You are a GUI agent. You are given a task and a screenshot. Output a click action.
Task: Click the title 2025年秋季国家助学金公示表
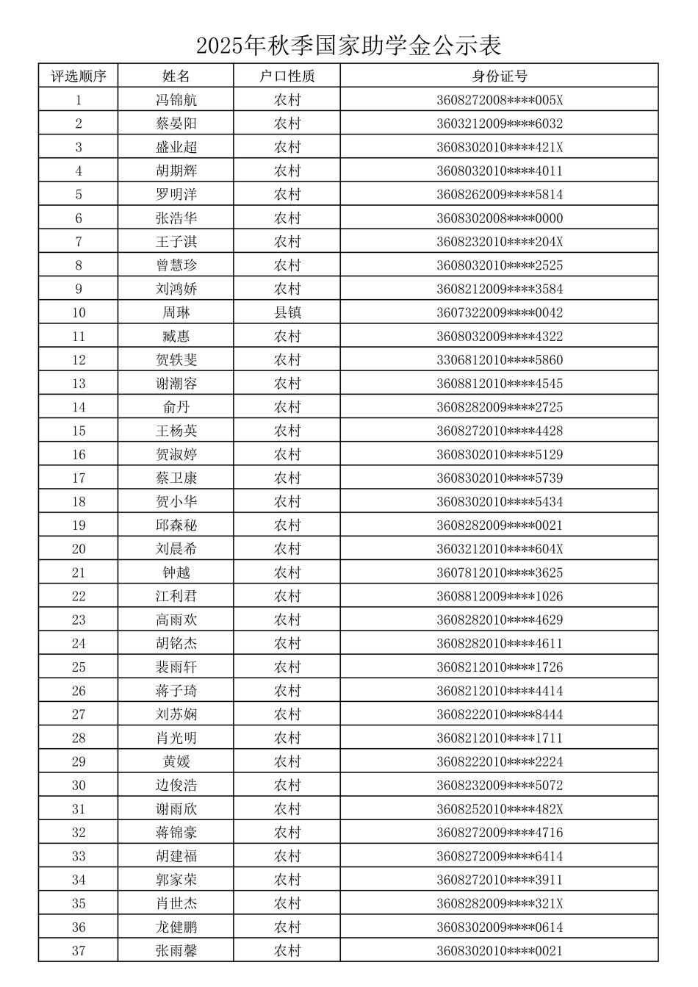(x=348, y=46)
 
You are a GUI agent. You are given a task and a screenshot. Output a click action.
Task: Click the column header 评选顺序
(x=79, y=76)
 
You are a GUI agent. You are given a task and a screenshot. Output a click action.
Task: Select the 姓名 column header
(x=176, y=76)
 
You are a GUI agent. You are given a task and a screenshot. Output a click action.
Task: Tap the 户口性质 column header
(x=287, y=76)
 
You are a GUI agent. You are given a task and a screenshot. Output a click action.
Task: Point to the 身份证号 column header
(x=500, y=76)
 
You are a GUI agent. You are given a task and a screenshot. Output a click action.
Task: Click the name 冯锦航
(x=176, y=100)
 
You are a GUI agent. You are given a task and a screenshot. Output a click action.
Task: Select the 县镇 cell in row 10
(x=287, y=312)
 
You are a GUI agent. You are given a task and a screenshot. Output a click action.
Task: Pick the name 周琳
(x=176, y=312)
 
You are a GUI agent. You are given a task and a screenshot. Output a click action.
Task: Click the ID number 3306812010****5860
(x=500, y=360)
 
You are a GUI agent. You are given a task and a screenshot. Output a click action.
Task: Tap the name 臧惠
(x=176, y=337)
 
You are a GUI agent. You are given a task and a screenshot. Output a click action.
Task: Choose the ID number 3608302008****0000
(x=500, y=218)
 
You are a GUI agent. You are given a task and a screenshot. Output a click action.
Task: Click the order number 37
(x=79, y=951)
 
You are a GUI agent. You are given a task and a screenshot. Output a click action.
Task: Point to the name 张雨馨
(x=176, y=951)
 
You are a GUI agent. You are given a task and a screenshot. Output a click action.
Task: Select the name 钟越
(x=176, y=573)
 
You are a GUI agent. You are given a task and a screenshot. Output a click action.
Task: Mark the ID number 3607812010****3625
(x=500, y=573)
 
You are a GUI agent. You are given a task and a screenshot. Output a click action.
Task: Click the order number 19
(x=79, y=525)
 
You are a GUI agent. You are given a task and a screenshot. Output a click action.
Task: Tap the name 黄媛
(x=176, y=761)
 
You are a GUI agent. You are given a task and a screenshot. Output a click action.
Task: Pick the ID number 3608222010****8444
(x=500, y=714)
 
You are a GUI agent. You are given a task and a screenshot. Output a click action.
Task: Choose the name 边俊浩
(x=176, y=785)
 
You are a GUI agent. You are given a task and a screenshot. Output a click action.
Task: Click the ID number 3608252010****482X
(x=500, y=809)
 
